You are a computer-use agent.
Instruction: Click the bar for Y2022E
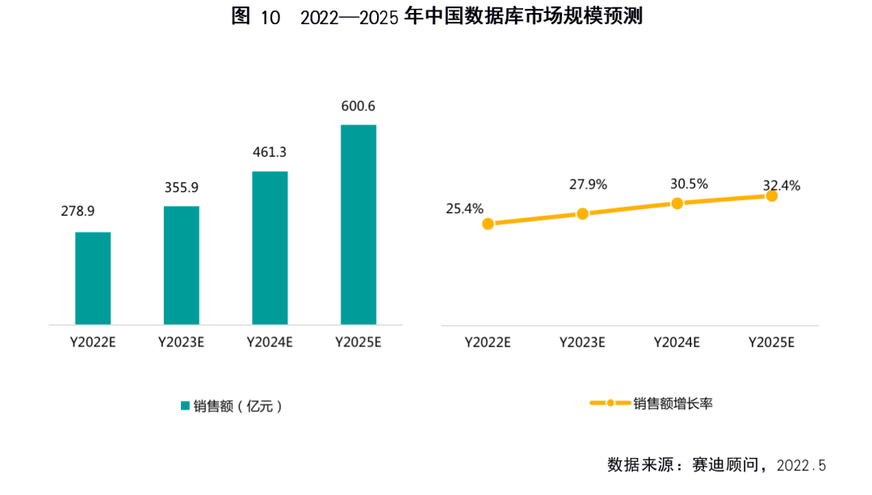(93, 279)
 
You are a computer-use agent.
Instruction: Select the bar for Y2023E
(182, 265)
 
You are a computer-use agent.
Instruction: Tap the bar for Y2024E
(270, 248)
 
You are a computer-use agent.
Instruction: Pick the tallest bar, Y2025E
(358, 224)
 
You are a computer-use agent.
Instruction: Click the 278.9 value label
(78, 212)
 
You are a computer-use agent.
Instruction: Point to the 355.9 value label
(181, 187)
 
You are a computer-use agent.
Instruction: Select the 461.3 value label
(270, 152)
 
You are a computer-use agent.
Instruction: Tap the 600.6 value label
(358, 106)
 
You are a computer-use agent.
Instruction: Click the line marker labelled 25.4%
(488, 224)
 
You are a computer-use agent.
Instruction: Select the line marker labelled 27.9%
(582, 214)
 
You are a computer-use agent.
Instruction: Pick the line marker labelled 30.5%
(677, 203)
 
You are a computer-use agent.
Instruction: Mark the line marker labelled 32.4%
(772, 195)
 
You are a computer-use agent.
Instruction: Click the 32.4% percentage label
(782, 186)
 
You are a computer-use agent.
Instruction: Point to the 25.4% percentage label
(464, 208)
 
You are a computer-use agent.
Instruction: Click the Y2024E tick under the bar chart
(270, 342)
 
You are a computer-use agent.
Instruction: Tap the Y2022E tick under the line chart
(488, 342)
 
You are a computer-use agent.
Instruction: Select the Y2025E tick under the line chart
(772, 342)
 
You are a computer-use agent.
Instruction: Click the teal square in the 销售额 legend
(185, 405)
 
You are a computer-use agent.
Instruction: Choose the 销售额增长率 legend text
(673, 403)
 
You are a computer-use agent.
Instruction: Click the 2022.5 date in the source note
(802, 466)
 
